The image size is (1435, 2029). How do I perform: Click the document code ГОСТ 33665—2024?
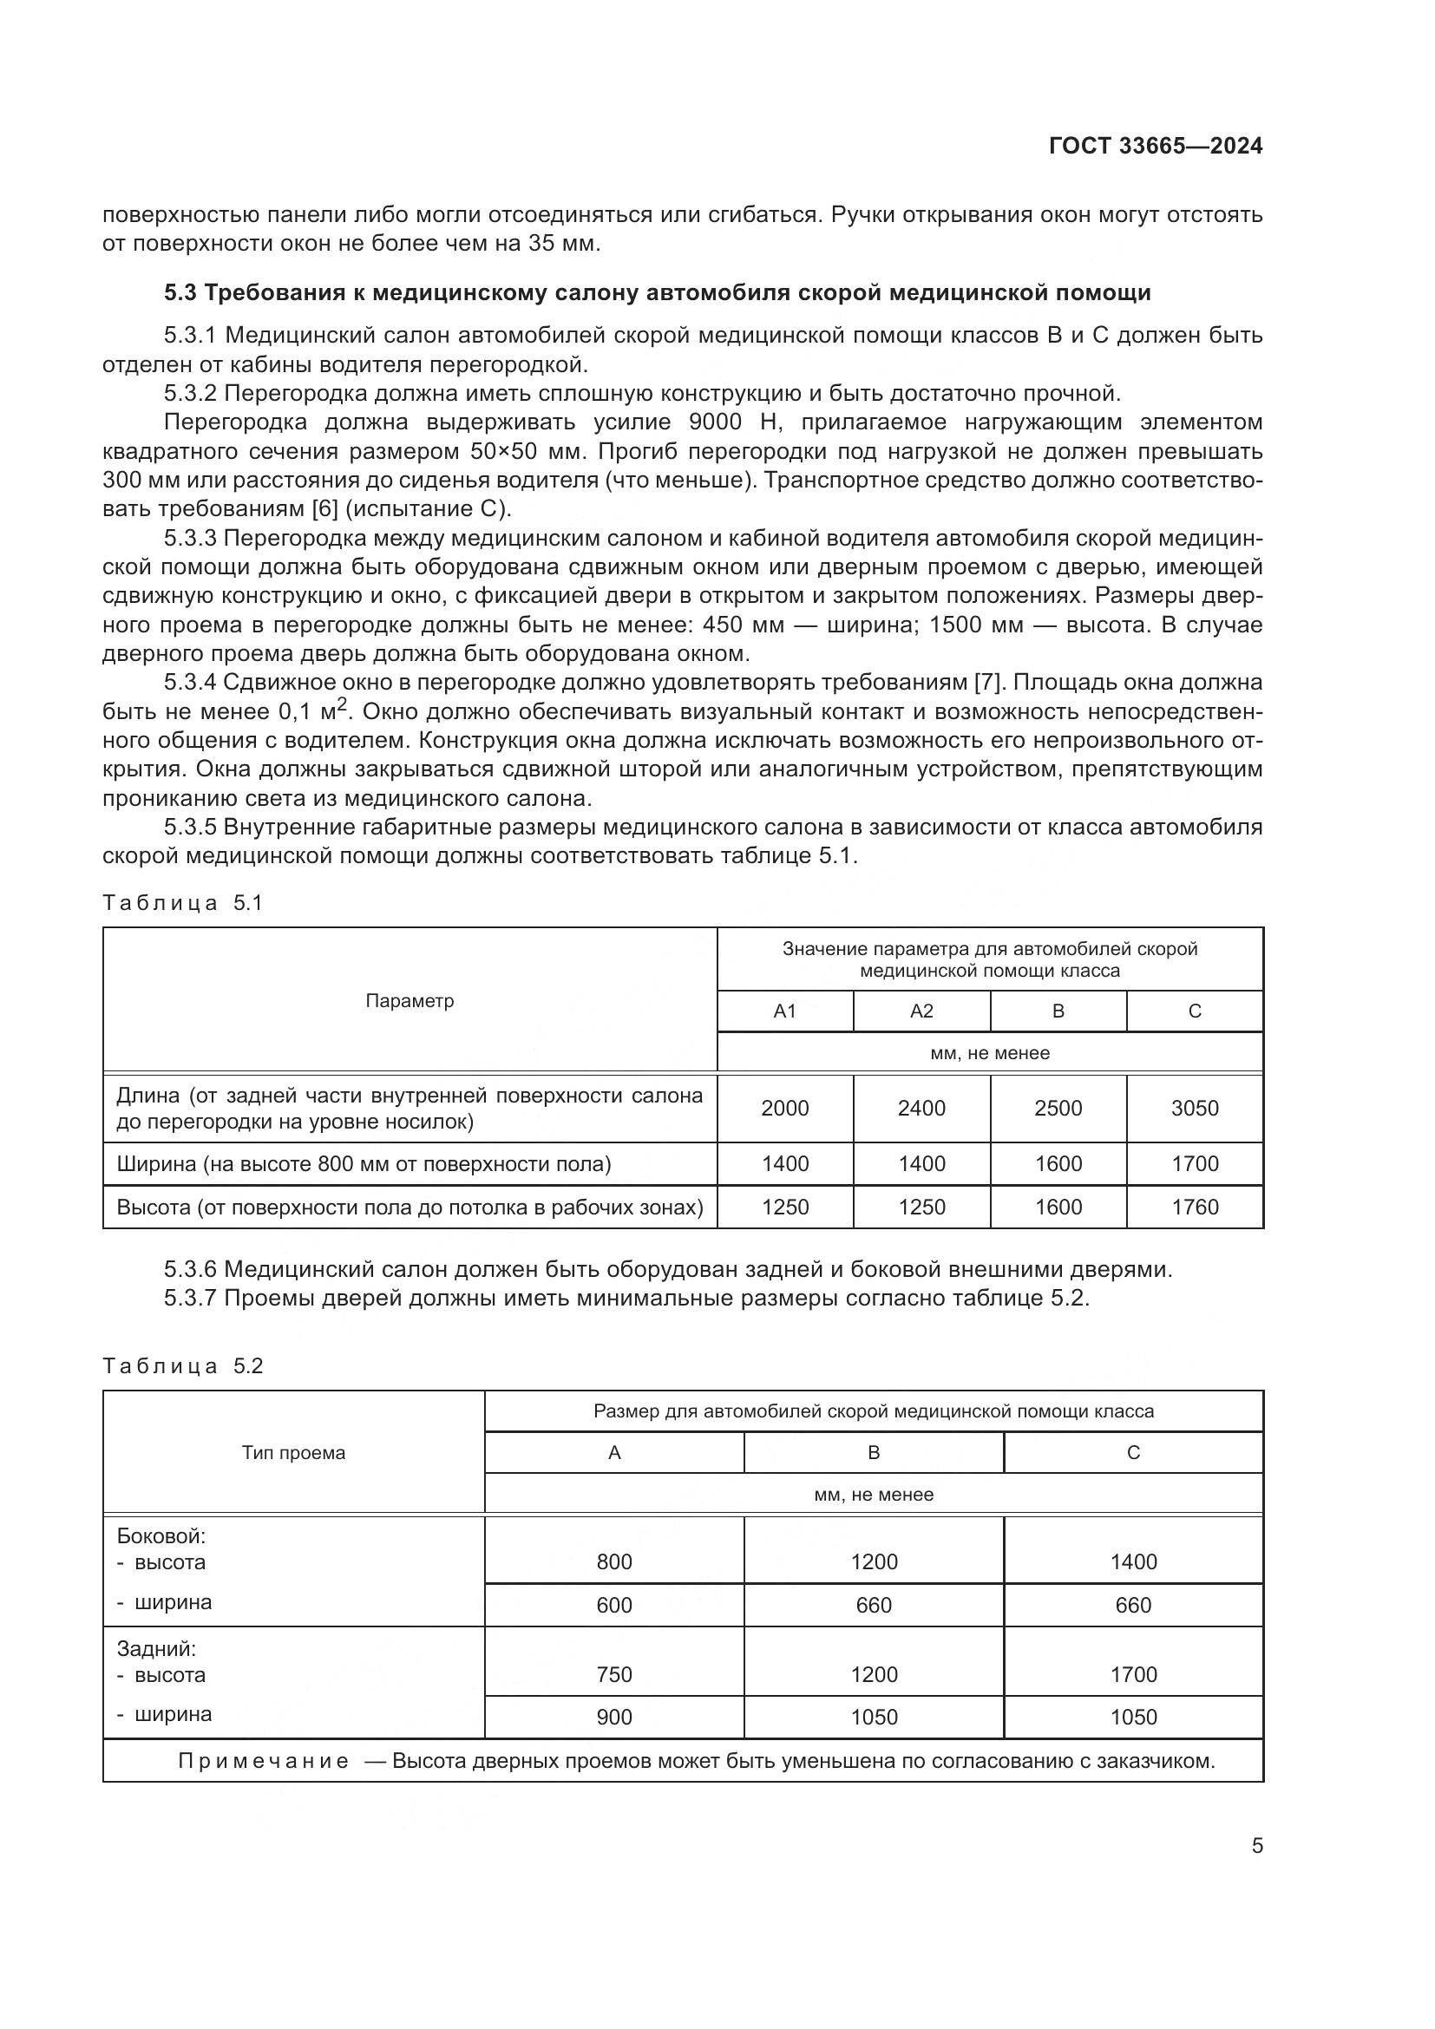click(x=1155, y=147)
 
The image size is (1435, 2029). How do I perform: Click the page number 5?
click(x=1256, y=1846)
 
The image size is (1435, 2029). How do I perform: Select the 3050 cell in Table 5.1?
click(x=1195, y=1108)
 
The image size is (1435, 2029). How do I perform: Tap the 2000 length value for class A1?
click(x=784, y=1108)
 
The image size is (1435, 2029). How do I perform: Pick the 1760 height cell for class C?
click(x=1195, y=1208)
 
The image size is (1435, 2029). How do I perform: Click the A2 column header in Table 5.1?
click(x=921, y=1011)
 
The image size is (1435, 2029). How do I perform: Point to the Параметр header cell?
click(x=410, y=1000)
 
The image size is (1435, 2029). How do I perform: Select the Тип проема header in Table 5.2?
click(x=293, y=1453)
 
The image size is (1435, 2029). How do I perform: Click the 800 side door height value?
click(x=614, y=1561)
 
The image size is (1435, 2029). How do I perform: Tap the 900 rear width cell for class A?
click(x=614, y=1717)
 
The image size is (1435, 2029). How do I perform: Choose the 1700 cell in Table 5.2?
click(x=1133, y=1674)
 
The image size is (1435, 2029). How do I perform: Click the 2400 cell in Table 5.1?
click(x=921, y=1108)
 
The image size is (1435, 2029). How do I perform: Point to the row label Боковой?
click(x=161, y=1536)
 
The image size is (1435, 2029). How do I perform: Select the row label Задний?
click(x=156, y=1649)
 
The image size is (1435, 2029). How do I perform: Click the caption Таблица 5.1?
click(x=183, y=903)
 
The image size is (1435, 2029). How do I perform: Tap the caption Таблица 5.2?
click(x=183, y=1366)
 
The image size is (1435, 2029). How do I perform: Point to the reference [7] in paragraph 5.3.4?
click(x=986, y=682)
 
